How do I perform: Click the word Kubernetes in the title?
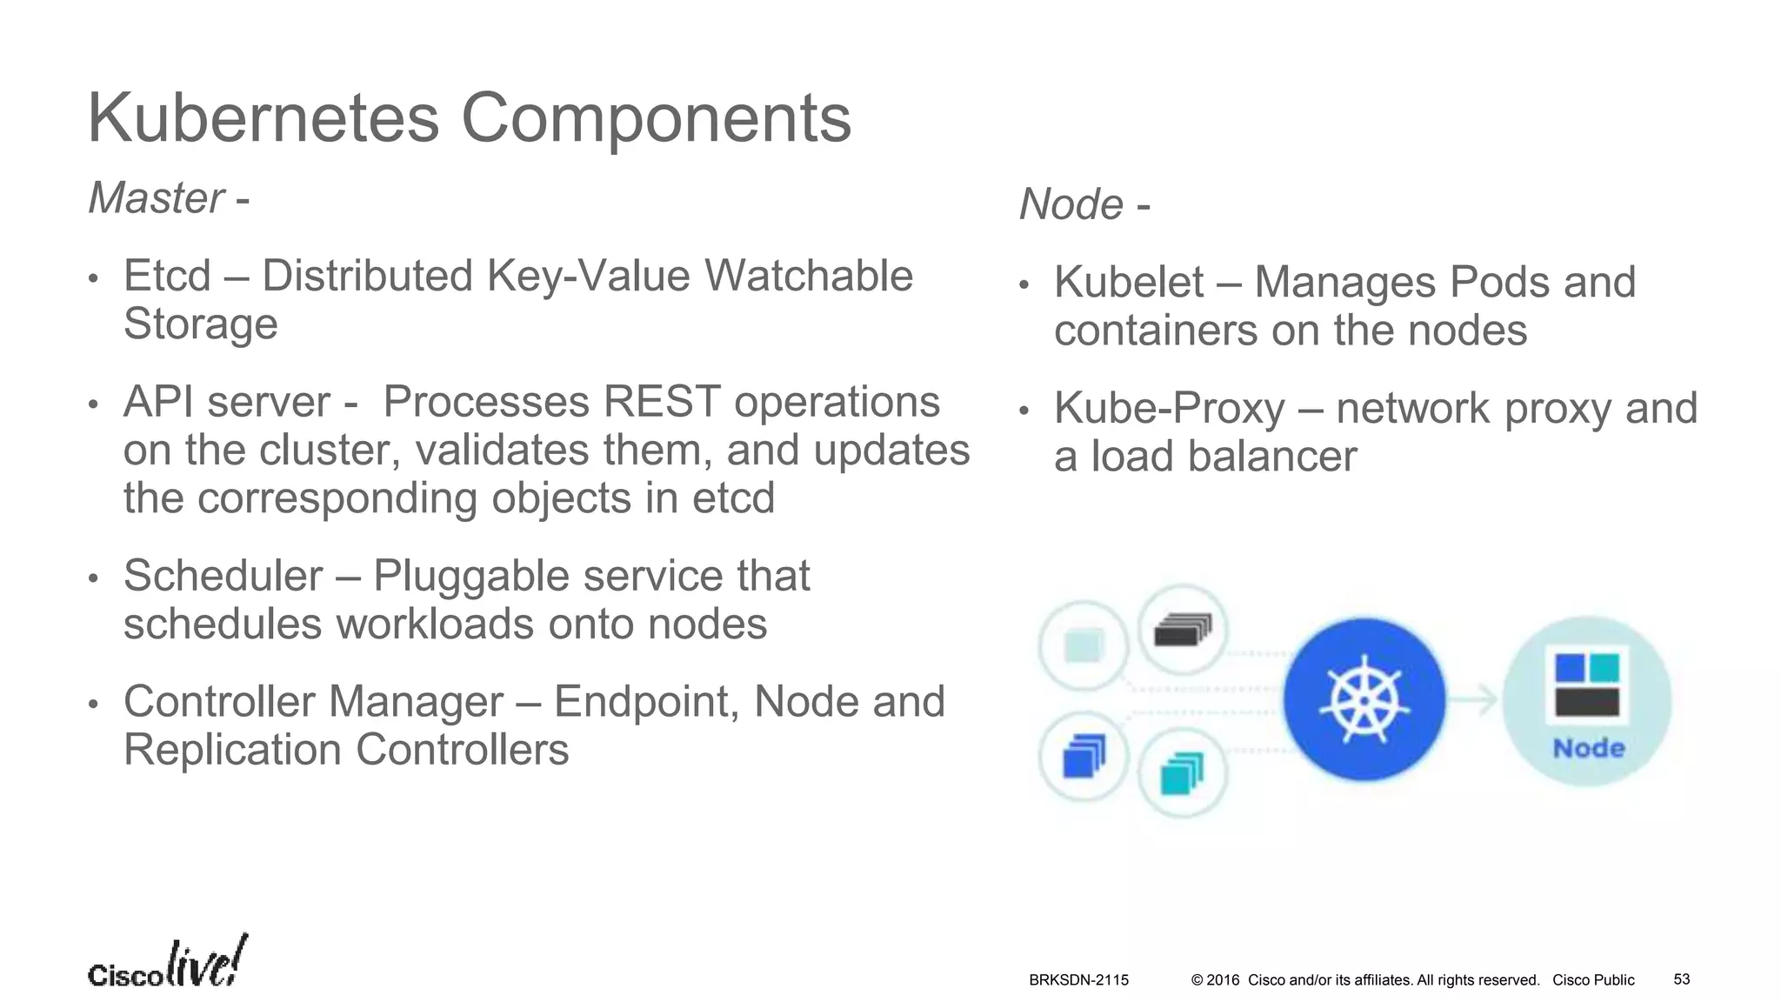coord(263,118)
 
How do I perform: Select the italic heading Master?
coord(157,198)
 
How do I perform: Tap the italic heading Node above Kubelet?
coord(1071,205)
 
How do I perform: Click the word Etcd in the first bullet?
coord(167,277)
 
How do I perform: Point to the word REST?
coord(661,403)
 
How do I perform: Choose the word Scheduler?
coord(223,576)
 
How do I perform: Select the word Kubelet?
coord(1129,283)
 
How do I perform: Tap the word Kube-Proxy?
coord(1169,409)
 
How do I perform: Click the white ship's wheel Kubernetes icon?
coord(1364,698)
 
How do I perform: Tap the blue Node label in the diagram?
coord(1588,749)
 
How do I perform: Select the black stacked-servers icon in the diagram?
coord(1182,631)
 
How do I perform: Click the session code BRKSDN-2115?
coord(1078,980)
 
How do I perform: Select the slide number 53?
coord(1682,979)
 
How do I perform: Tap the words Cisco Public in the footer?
coord(1593,980)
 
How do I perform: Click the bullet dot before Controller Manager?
coord(94,704)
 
